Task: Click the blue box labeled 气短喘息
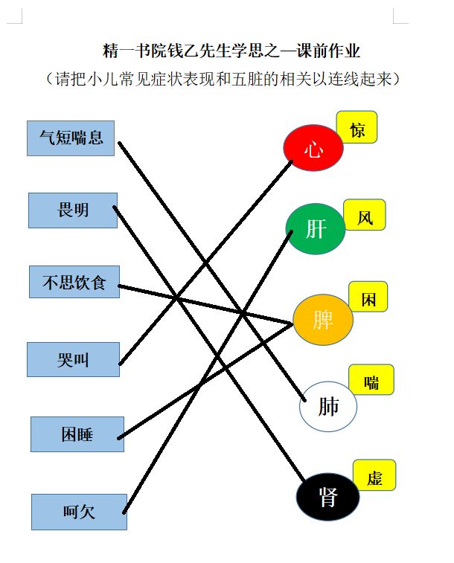click(71, 138)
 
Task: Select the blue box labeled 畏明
click(73, 210)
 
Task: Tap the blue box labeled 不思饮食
click(74, 282)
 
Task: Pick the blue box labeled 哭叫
click(73, 359)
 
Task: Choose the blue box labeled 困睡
click(77, 434)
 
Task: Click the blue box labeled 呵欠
click(79, 512)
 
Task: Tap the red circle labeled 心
click(313, 147)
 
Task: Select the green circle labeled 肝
click(316, 229)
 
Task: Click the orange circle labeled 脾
click(323, 320)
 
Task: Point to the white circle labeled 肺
click(328, 407)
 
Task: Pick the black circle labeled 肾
click(327, 497)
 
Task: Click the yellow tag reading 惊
click(357, 127)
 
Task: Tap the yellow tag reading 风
click(365, 215)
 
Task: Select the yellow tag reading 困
click(368, 297)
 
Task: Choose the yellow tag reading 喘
click(371, 379)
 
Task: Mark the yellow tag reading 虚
click(374, 475)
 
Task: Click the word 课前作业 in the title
click(329, 51)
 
